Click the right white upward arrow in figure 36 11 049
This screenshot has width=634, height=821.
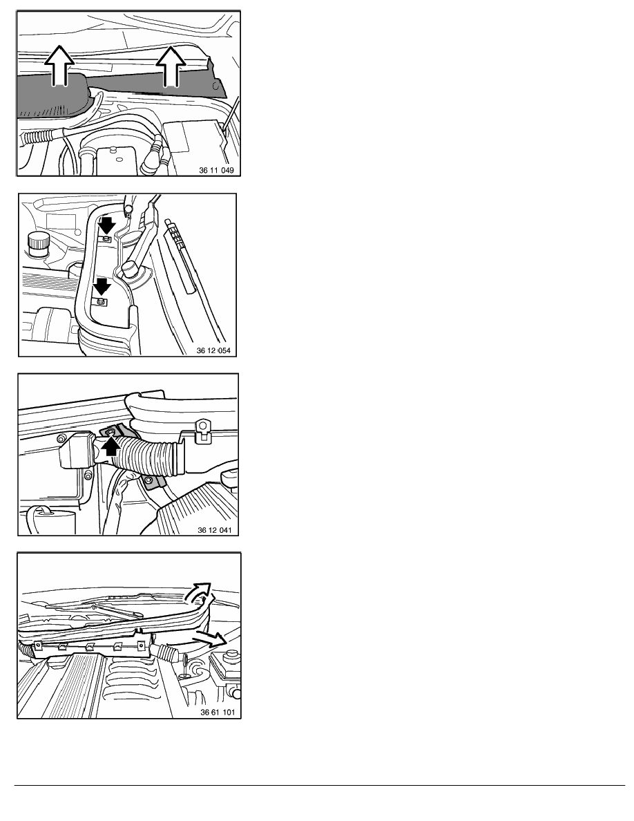(171, 65)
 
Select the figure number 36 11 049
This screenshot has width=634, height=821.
(216, 170)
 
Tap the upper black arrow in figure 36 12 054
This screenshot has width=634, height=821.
(107, 225)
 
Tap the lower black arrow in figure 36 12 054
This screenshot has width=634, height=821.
(102, 286)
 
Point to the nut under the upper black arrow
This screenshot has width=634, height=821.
(106, 239)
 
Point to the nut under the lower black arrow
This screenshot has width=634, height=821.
(100, 301)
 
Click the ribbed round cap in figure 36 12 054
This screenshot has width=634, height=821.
(38, 245)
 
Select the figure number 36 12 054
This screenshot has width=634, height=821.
(213, 350)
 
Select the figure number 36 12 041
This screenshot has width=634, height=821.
(215, 530)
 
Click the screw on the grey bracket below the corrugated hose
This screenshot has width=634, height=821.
(150, 480)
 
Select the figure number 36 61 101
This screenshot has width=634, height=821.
(218, 712)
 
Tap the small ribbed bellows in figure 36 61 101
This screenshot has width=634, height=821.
(169, 653)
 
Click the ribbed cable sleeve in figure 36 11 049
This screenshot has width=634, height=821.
(38, 138)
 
